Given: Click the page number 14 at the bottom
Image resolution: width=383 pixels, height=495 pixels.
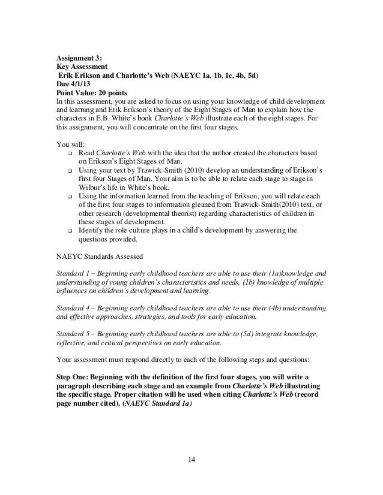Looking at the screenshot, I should [191, 459].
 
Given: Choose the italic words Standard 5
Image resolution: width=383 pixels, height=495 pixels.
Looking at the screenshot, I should [72, 333].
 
